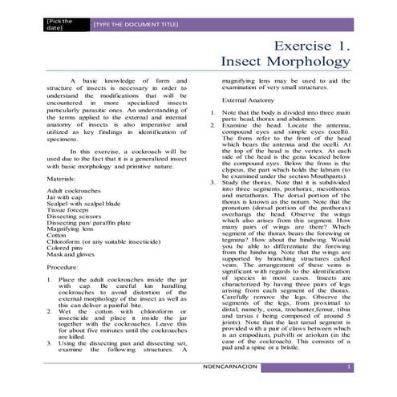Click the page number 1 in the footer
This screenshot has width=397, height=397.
(x=348, y=367)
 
